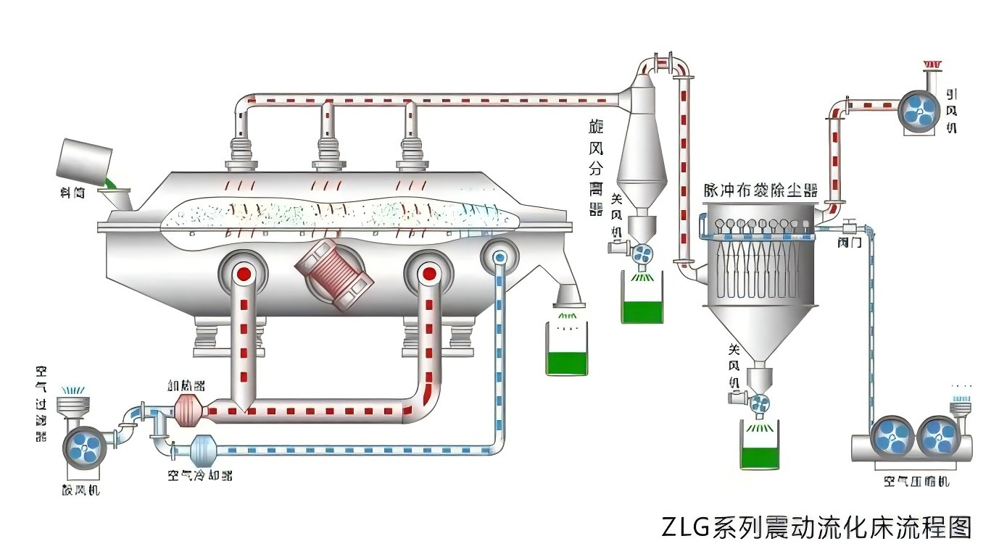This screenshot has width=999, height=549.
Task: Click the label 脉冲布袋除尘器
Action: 760,190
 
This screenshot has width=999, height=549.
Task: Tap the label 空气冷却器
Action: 200,476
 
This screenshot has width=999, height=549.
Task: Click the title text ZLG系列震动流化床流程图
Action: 816,527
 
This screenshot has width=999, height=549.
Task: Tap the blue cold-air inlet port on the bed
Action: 499,256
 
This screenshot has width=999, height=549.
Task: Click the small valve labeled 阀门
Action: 847,227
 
